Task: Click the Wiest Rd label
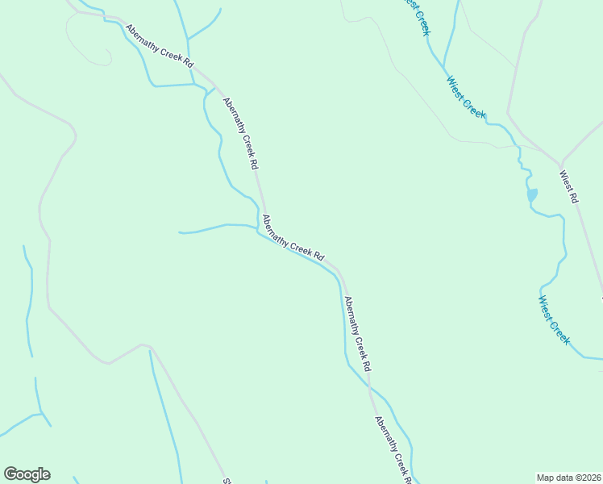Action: tap(569, 186)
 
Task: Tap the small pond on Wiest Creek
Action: tap(531, 195)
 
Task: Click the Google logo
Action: tap(27, 474)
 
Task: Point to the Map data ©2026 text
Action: tap(569, 477)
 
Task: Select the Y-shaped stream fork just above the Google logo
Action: tap(41, 415)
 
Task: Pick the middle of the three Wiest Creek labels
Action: tap(467, 97)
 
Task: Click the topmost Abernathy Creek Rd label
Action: tap(160, 45)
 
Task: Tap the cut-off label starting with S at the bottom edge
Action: tap(227, 480)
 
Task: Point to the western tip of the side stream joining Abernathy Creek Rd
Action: tap(179, 232)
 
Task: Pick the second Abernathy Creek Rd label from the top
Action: tap(240, 133)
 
